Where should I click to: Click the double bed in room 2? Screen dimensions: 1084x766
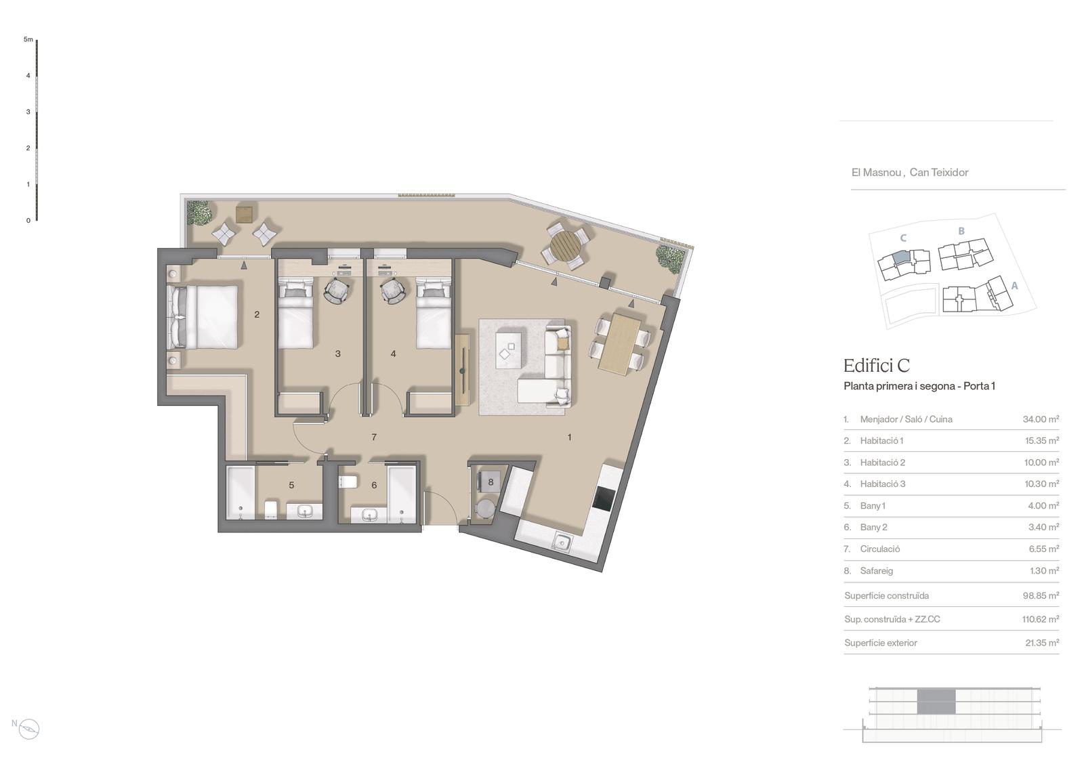pyautogui.click(x=203, y=317)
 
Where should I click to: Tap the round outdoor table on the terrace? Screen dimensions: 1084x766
pyautogui.click(x=565, y=246)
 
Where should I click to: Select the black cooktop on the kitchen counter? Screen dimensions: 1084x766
pyautogui.click(x=604, y=498)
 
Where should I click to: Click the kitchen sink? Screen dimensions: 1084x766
pyautogui.click(x=562, y=542)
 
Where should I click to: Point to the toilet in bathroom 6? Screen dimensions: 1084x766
pyautogui.click(x=348, y=482)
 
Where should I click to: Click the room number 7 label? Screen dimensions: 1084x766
pyautogui.click(x=373, y=438)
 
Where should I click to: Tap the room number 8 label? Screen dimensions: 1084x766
pyautogui.click(x=491, y=482)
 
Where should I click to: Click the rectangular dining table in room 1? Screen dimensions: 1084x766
pyautogui.click(x=620, y=344)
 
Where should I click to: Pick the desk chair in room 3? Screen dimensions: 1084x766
pyautogui.click(x=337, y=291)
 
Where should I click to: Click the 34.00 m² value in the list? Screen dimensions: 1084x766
pyautogui.click(x=1041, y=419)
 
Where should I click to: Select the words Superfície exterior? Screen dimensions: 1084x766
pyautogui.click(x=881, y=643)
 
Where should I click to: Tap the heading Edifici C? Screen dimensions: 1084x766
pyautogui.click(x=877, y=366)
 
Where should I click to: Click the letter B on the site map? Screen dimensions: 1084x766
pyautogui.click(x=961, y=232)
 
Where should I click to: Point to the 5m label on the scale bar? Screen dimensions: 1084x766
pyautogui.click(x=28, y=39)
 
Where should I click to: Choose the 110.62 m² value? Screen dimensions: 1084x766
pyautogui.click(x=1041, y=619)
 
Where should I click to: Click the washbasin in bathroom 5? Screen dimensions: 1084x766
pyautogui.click(x=304, y=511)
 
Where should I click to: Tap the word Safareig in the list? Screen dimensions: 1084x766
pyautogui.click(x=877, y=571)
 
